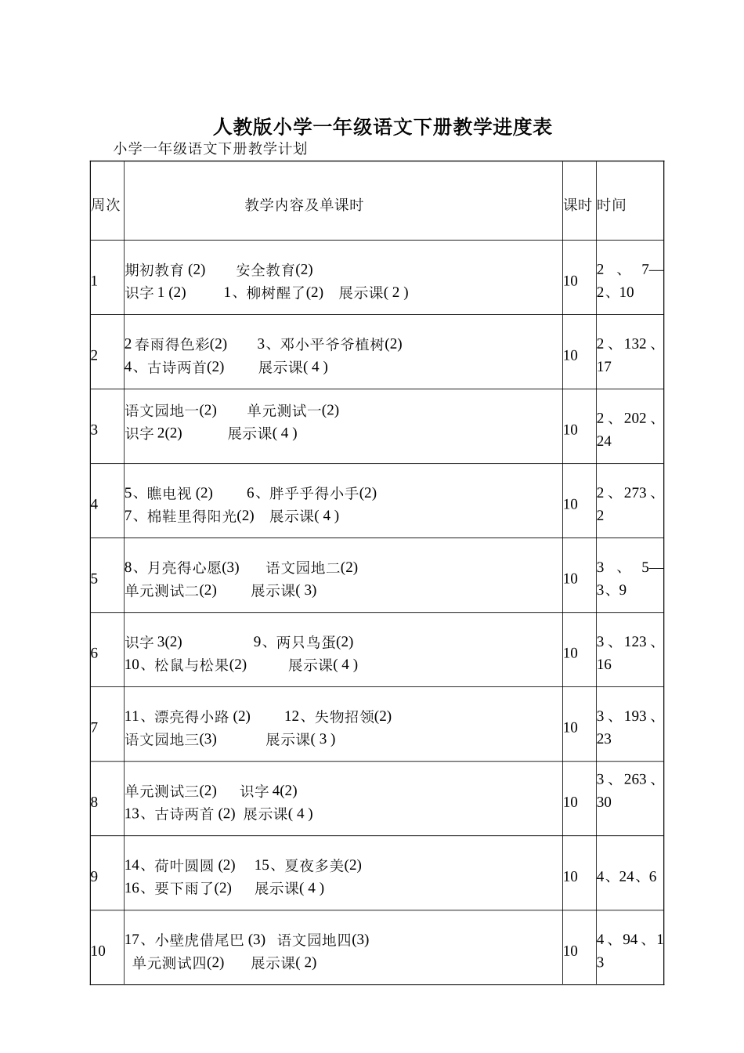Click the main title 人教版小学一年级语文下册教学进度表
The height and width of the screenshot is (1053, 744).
click(382, 127)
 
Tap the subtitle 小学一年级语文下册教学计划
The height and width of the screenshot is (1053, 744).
click(210, 149)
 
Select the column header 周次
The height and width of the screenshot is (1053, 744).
click(106, 205)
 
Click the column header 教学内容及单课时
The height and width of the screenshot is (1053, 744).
click(304, 205)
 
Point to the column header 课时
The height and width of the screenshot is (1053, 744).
click(578, 205)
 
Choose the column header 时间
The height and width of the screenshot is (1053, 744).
click(611, 205)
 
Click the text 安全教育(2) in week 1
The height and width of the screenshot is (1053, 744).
click(274, 270)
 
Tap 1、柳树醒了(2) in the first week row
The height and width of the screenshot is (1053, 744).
click(273, 293)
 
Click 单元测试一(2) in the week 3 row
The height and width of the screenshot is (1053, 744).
click(293, 411)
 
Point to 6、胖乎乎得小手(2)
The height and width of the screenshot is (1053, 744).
click(312, 494)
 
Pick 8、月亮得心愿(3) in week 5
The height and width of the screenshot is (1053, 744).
click(182, 568)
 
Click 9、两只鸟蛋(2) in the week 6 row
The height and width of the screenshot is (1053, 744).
click(303, 642)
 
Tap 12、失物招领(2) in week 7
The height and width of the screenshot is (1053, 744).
click(338, 717)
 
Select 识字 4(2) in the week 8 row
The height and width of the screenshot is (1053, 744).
click(269, 791)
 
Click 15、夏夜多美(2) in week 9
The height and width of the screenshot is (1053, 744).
click(308, 866)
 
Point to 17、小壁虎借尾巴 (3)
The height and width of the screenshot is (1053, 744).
click(195, 940)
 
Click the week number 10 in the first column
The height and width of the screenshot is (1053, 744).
click(98, 951)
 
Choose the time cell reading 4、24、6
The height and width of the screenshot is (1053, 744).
click(627, 877)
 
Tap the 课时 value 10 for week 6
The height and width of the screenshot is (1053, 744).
click(570, 653)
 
